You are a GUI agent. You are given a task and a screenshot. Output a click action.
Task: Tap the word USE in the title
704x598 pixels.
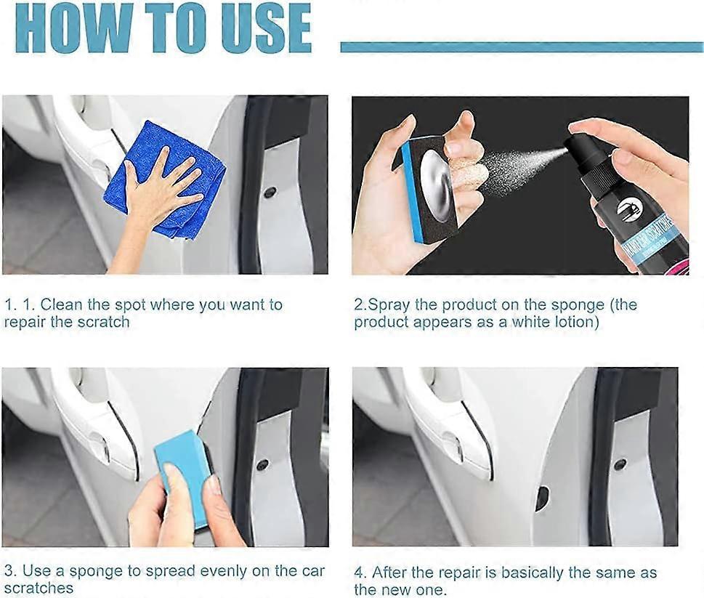[x=261, y=29]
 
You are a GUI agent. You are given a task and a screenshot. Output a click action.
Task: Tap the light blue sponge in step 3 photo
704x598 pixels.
[x=182, y=472]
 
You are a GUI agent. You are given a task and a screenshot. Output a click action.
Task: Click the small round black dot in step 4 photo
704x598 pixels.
[x=619, y=464]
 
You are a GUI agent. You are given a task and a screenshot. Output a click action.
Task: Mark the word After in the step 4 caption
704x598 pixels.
[x=392, y=572]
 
